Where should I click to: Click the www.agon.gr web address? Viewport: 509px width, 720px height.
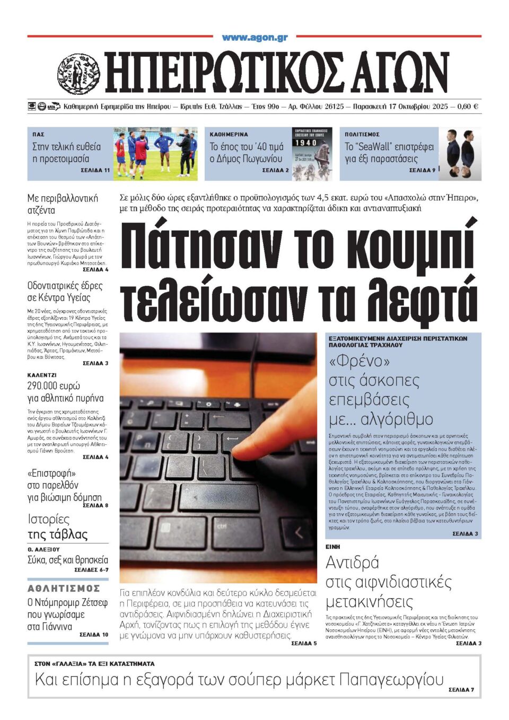point(254,38)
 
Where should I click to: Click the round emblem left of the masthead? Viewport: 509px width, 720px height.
point(78,74)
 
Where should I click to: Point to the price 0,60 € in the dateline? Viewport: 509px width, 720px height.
point(467,107)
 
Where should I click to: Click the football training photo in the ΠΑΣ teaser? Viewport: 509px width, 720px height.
point(154,154)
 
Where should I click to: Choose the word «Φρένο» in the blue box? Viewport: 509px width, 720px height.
point(359,361)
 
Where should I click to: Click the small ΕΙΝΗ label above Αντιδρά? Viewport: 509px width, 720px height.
point(333,547)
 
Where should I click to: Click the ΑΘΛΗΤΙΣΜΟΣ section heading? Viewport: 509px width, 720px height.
point(64,589)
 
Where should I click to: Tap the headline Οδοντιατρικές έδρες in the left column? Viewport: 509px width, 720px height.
point(65,286)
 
